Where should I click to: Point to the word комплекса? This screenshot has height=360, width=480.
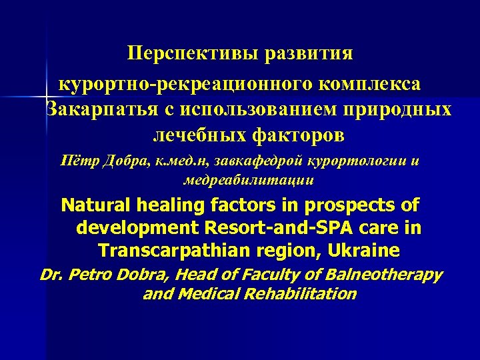pos(371,84)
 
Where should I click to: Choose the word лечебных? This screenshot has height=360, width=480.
pos(193,135)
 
